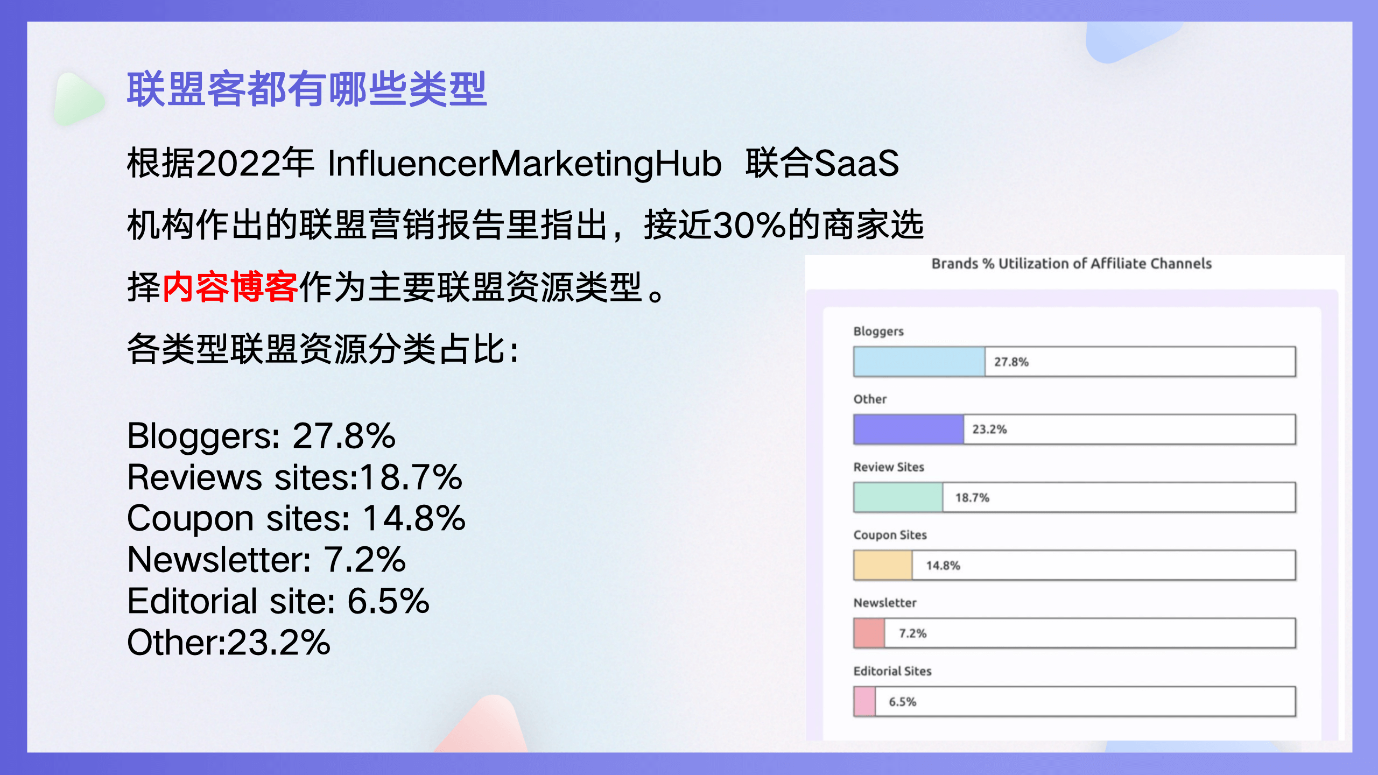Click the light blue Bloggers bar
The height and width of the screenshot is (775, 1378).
tap(919, 362)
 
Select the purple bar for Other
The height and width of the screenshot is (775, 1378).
tap(909, 429)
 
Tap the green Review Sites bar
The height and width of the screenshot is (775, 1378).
tap(898, 497)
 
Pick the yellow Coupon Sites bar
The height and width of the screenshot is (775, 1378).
tap(883, 565)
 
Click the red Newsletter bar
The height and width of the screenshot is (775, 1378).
tap(869, 633)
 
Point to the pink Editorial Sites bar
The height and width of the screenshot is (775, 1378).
tap(865, 701)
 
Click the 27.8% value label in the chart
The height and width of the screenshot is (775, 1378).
tap(1011, 362)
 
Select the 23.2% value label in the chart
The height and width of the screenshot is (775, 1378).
tap(989, 429)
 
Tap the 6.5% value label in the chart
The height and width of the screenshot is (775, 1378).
tap(903, 702)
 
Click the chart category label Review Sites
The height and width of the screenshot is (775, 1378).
tap(889, 467)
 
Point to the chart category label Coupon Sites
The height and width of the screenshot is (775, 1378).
tap(890, 535)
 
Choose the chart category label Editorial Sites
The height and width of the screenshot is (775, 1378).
tap(892, 671)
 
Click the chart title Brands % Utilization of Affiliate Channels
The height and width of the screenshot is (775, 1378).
tap(1072, 264)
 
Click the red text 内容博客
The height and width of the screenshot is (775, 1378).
tap(230, 287)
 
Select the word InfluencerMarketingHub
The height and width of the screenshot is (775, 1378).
tap(525, 164)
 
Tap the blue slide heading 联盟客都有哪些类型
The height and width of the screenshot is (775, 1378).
tap(307, 89)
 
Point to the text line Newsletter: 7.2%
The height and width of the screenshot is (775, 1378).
tap(266, 560)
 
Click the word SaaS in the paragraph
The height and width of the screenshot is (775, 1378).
tap(856, 164)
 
